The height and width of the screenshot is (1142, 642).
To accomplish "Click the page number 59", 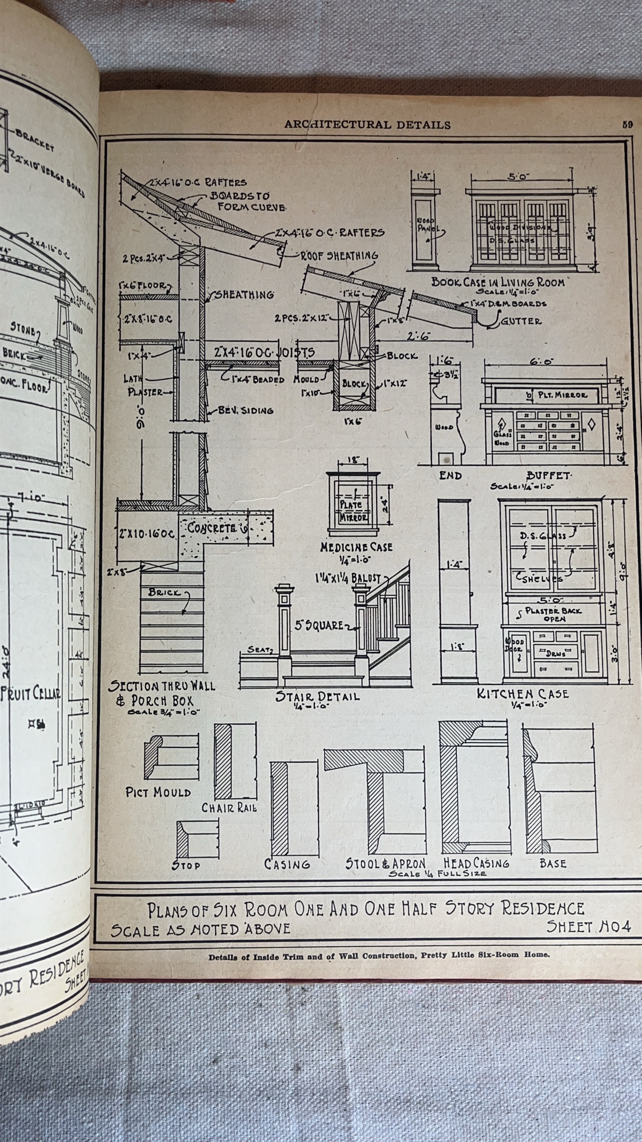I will click(627, 124).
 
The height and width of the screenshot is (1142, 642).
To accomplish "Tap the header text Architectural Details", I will click(367, 125).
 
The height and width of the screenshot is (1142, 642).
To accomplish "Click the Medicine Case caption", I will click(356, 547).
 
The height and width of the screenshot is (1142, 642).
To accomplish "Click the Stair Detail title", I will click(318, 696).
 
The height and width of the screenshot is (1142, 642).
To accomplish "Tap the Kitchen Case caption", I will click(523, 693).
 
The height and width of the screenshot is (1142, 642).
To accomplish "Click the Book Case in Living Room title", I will click(498, 282).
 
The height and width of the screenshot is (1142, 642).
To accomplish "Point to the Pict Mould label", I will click(158, 792).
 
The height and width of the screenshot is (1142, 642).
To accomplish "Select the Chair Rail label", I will click(229, 808).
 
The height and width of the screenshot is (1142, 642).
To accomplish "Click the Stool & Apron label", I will click(385, 863).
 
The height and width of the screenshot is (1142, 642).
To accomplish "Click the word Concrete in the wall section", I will click(212, 529).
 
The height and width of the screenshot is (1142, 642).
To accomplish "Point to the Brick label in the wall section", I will click(164, 592).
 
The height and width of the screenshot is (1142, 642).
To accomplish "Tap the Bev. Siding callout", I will click(239, 410).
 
